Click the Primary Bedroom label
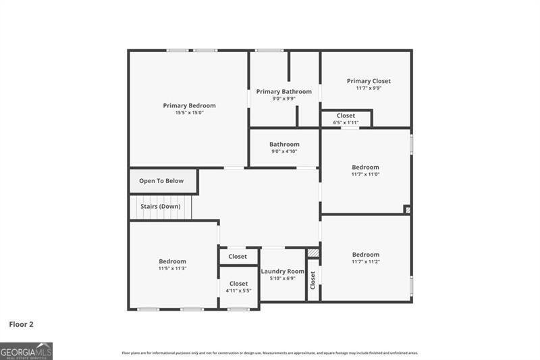[189, 105]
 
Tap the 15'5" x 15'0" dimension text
[189, 113]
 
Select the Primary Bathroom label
[283, 91]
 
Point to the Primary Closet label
[369, 81]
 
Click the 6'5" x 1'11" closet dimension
[346, 123]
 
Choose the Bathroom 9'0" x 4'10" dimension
[284, 151]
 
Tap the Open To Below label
[161, 181]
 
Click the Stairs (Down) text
[160, 206]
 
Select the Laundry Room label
[282, 271]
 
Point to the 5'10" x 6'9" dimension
[282, 278]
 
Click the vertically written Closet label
[313, 280]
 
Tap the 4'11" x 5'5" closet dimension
[238, 290]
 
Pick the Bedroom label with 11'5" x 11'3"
[172, 261]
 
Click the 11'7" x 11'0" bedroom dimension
[365, 174]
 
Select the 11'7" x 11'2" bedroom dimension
[365, 262]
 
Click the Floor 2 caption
[21, 324]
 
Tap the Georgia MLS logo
[26, 351]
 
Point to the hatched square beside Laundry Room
[313, 253]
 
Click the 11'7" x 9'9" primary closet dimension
[369, 88]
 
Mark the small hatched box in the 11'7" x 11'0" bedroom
[407, 210]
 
